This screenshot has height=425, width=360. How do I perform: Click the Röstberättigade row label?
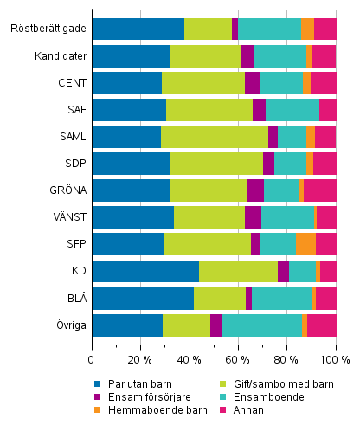48,29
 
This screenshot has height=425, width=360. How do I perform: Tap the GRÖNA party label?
67,190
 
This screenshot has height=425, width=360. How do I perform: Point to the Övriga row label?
69,325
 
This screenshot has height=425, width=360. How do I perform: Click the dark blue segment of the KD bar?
145,271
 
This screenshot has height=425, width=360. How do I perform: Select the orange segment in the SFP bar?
305,244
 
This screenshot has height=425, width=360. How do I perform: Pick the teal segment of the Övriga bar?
261,325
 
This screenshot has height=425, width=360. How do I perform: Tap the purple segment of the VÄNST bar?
253,217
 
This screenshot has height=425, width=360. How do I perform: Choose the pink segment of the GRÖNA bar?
320,190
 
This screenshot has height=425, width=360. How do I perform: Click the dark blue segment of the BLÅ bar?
143,299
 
